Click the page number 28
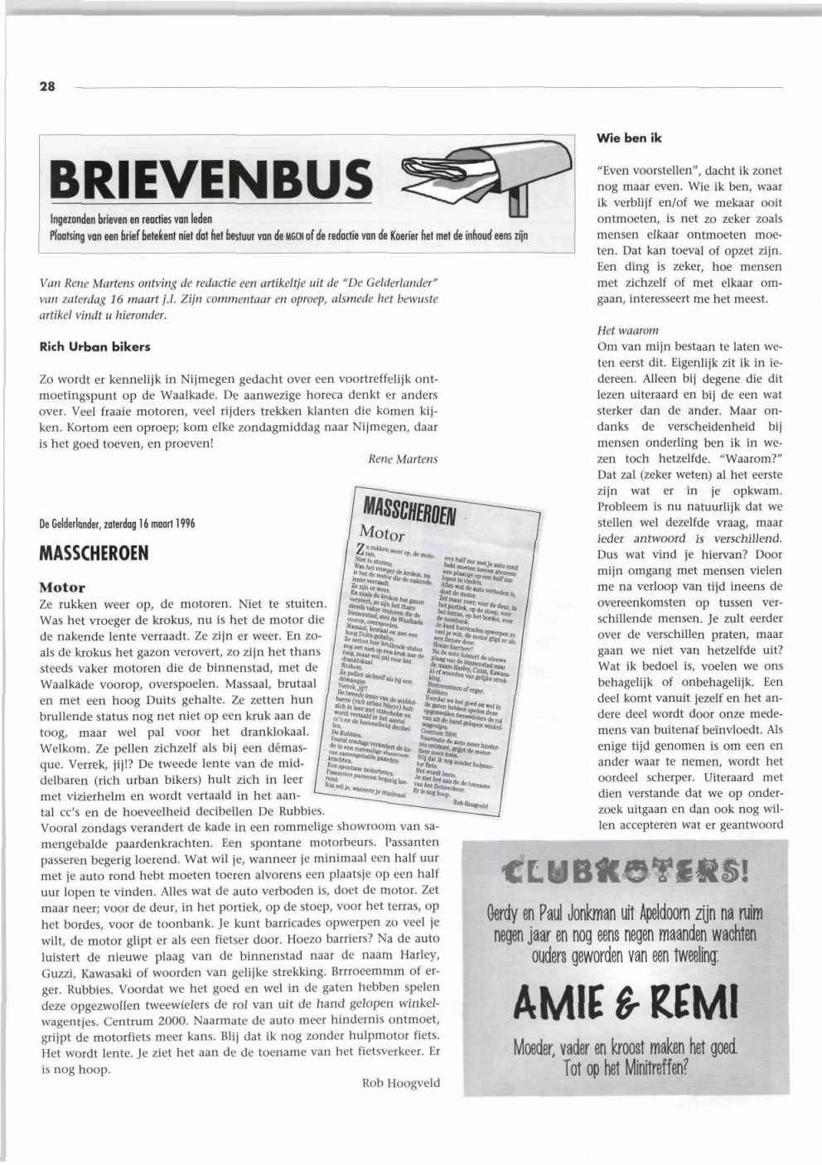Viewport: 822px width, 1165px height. pyautogui.click(x=46, y=87)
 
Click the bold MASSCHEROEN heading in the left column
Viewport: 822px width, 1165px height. pyautogui.click(x=94, y=553)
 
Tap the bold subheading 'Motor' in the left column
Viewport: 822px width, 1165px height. pyautogui.click(x=62, y=587)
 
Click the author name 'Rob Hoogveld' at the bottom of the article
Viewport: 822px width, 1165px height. pyautogui.click(x=401, y=1082)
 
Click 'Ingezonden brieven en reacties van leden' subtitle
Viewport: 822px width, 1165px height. pyautogui.click(x=132, y=220)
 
